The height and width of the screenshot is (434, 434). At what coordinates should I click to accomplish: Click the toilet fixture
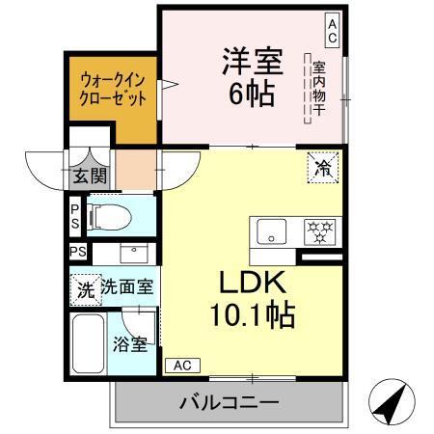click(109, 217)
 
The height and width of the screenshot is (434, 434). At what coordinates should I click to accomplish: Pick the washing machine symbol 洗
click(86, 287)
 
